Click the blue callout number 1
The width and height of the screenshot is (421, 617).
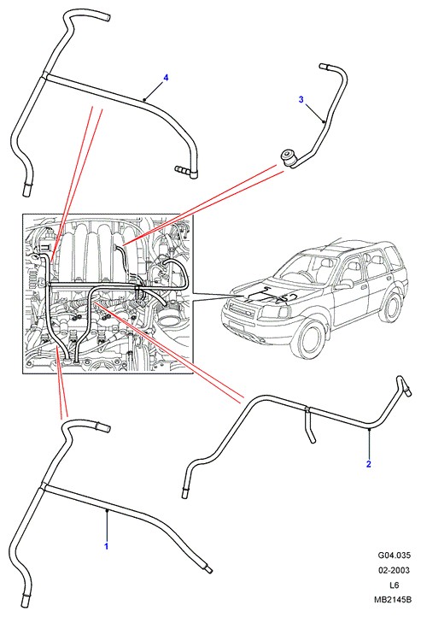106,546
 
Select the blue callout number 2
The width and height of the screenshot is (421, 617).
368,464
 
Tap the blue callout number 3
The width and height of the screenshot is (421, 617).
301,99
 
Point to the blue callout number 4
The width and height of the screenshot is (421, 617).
166,78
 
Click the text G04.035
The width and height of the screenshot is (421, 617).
395,555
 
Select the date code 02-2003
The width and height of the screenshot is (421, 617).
395,570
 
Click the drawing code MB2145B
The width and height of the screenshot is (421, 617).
393,600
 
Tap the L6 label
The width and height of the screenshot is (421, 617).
395,585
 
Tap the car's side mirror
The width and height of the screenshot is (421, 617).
343,285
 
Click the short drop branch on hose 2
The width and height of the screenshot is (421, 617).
309,426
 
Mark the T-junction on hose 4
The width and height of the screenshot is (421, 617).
44,76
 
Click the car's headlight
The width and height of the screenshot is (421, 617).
277,313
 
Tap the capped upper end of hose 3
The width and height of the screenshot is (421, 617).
323,66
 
